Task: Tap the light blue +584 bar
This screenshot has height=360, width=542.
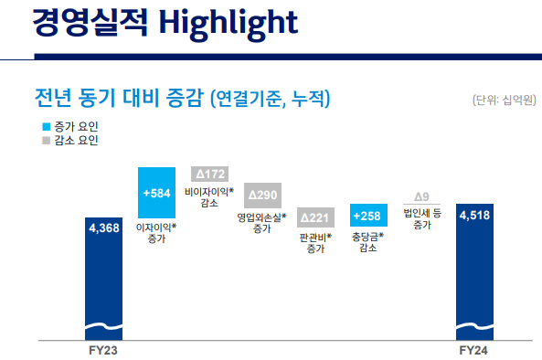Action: click(x=156, y=193)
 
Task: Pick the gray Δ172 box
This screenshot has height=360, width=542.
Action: click(x=209, y=174)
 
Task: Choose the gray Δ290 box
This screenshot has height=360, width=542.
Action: click(x=262, y=196)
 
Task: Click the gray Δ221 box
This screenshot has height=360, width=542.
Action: click(x=315, y=217)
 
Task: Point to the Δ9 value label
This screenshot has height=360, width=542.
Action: click(x=421, y=196)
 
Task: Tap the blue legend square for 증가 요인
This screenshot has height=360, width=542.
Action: click(x=46, y=127)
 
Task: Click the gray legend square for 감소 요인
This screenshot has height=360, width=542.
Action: click(x=46, y=142)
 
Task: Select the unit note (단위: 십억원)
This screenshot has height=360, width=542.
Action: click(x=501, y=99)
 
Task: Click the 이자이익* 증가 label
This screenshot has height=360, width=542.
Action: click(x=156, y=230)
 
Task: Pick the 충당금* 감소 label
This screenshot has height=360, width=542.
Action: click(x=368, y=243)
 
